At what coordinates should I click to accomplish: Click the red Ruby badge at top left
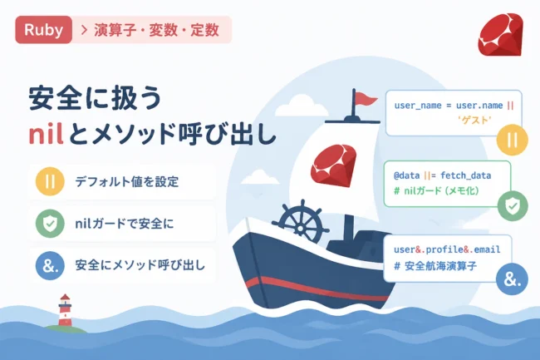point(44,30)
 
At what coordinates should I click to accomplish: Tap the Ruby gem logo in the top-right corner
point(500,35)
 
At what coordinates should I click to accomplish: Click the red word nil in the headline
point(47,135)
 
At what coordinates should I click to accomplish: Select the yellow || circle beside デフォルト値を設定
point(50,181)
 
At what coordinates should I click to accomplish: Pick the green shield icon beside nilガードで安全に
point(50,224)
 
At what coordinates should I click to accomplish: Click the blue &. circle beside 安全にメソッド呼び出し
point(50,265)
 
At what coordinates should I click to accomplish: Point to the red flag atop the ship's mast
point(366,99)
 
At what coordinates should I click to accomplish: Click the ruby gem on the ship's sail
point(334,165)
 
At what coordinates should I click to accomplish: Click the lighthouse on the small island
point(65,310)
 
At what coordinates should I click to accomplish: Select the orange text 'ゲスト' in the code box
point(474,120)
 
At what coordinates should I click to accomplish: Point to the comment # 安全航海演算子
point(435,266)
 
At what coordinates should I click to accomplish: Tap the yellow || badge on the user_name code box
point(512,140)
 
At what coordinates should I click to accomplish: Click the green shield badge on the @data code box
point(513,206)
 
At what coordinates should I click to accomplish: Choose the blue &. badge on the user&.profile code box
point(512,279)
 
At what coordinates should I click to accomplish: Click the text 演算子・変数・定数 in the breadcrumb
point(157,30)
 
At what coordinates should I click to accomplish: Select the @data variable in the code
point(407,175)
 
